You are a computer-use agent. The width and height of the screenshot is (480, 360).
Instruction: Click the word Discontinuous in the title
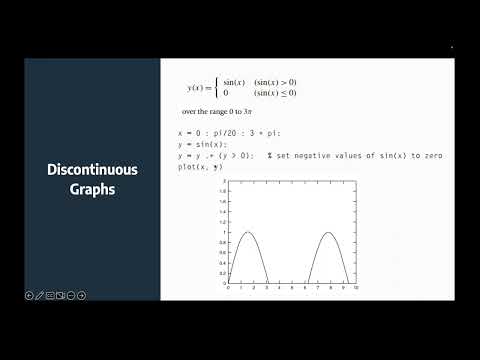click(92, 170)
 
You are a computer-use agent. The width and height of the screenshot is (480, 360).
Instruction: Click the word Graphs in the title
click(92, 189)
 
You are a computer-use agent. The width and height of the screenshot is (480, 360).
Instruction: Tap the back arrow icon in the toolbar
click(28, 295)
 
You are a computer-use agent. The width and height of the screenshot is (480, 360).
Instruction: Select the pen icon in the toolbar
click(39, 295)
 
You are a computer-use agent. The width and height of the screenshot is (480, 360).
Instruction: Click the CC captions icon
click(50, 295)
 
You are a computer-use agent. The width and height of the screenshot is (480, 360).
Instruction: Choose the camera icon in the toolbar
click(61, 295)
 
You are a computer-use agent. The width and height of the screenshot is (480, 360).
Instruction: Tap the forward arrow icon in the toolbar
click(81, 295)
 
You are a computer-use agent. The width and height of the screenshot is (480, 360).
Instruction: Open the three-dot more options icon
click(71, 295)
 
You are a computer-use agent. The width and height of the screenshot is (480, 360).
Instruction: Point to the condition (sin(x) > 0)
click(275, 82)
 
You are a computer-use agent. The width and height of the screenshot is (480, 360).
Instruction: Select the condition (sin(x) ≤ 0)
click(275, 93)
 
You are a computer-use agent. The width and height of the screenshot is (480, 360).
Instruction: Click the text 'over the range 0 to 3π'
click(214, 113)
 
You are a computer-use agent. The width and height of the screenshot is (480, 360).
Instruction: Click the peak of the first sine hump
click(249, 233)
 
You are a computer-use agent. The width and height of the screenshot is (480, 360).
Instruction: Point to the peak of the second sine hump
click(329, 233)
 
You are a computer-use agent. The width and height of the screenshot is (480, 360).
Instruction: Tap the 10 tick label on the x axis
click(356, 288)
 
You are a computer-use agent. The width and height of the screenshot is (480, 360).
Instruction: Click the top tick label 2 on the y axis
click(225, 182)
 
